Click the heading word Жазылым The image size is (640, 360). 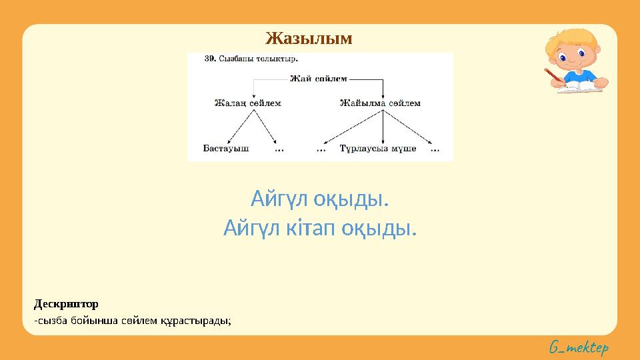pos(309,38)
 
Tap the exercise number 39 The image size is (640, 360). pos(209,59)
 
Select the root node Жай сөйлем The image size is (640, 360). pos(319,79)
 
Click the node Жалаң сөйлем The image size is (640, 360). pos(247,103)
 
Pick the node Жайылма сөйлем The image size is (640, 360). pos(380,103)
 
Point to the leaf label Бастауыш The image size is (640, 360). pos(226,149)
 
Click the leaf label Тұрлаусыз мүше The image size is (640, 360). pos(377,149)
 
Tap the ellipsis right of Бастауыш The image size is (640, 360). pos(279,149)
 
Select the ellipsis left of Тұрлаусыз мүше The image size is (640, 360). pos(321,149)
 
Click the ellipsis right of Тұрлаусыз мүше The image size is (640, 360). pos(435,149)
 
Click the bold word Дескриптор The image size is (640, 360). pos(66,304)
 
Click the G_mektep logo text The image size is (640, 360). pos(579,347)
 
